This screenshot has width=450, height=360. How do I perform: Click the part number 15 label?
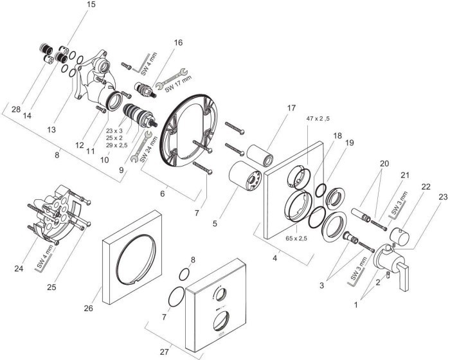point(90,5)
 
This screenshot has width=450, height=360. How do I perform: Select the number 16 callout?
point(177,42)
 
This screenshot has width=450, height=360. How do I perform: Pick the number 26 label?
point(89,309)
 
